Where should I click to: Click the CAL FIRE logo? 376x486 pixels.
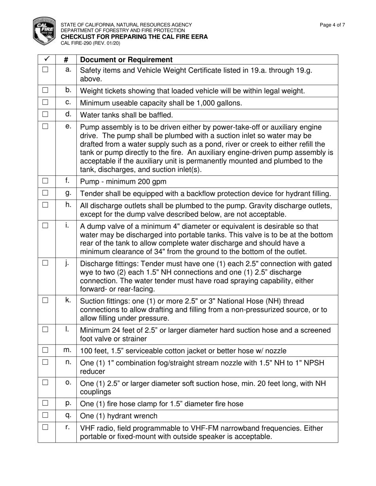click(44, 30)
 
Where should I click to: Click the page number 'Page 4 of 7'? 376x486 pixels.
click(332, 25)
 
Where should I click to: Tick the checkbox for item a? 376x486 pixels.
click(45, 70)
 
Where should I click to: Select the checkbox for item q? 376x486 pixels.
click(45, 415)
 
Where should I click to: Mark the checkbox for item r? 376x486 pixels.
click(45, 427)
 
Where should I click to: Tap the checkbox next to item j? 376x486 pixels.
click(45, 263)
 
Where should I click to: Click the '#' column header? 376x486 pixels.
click(66, 60)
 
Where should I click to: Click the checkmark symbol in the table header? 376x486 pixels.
click(46, 59)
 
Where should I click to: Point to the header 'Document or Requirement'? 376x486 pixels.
click(126, 60)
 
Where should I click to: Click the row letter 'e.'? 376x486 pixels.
click(68, 126)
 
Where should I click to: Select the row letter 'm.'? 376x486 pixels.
click(68, 350)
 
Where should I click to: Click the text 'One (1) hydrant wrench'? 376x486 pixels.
click(118, 416)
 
